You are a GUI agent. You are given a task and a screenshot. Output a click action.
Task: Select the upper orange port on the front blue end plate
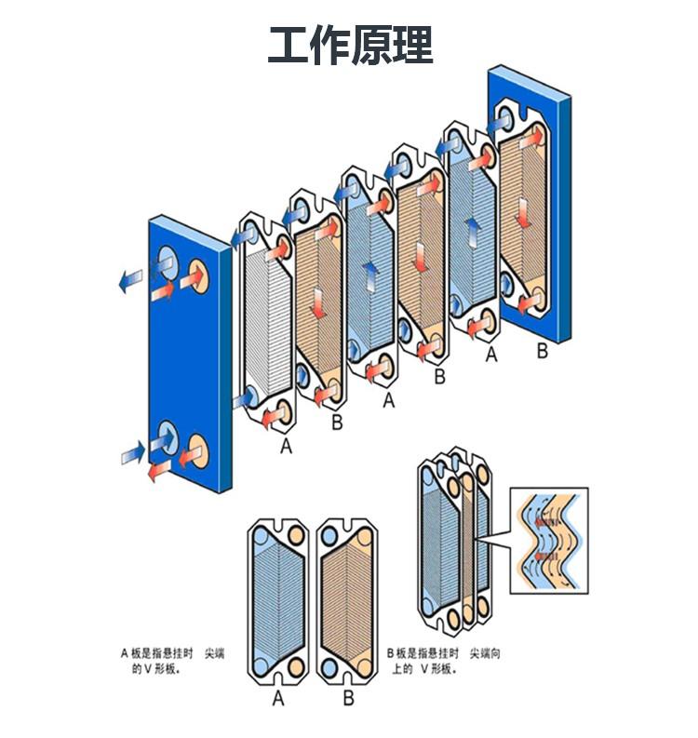click(x=198, y=275)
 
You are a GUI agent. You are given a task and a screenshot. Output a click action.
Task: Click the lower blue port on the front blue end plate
click(x=168, y=435)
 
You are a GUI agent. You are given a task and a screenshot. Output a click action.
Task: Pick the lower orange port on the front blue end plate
click(x=198, y=450)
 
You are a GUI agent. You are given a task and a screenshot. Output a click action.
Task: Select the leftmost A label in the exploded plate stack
click(x=287, y=447)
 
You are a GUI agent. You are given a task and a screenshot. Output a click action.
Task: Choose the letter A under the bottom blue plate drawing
click(x=277, y=699)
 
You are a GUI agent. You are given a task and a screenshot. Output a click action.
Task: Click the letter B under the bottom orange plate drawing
click(x=348, y=699)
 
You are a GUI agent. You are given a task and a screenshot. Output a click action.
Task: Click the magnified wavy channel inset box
click(x=550, y=540)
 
